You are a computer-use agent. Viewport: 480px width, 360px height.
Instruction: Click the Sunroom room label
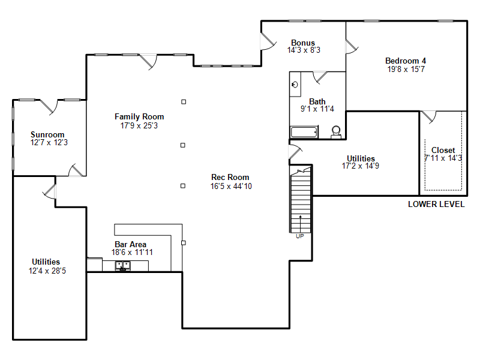point(47,134)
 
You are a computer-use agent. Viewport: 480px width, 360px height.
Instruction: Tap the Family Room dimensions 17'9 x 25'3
point(139,125)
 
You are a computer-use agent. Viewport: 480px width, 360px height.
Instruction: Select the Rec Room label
point(230,177)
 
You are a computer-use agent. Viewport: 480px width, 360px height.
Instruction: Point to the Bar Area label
point(130,244)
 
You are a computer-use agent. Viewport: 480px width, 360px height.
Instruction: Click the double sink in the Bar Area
point(123,266)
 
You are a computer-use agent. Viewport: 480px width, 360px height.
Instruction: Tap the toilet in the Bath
point(336,132)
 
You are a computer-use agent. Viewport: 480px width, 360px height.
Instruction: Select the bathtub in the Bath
point(304,132)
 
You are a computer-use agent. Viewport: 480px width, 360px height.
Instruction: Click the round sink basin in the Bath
point(295,85)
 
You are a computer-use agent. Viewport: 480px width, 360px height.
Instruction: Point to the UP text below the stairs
point(300,236)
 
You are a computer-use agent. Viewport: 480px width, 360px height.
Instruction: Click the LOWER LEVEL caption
point(436,204)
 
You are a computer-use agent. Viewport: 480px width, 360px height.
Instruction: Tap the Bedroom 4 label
point(406,61)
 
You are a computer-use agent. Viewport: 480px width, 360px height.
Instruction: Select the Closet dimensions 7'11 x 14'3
point(443,158)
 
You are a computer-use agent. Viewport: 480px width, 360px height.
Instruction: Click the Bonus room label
point(303,43)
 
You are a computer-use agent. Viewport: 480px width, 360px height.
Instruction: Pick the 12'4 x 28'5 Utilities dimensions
point(47,271)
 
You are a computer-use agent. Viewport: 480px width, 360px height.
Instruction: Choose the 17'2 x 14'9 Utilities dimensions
point(361,166)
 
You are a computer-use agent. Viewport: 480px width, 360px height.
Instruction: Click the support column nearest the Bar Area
point(184,243)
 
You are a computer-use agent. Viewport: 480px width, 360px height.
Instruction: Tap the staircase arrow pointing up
point(301,224)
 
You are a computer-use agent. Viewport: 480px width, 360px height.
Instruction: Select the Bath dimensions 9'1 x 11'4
point(317,109)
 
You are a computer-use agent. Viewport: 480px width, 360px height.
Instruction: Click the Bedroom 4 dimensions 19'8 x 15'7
point(406,69)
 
